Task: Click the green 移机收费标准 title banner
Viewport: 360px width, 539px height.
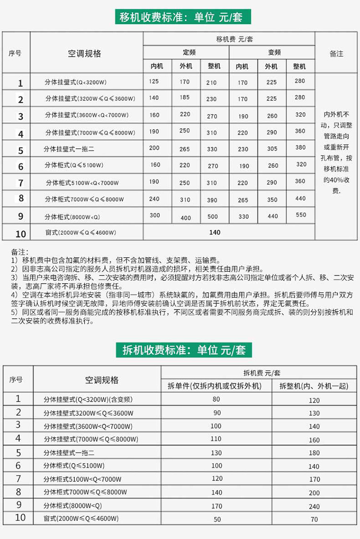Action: click(183, 17)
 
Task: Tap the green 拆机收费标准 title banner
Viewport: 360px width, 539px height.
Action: click(183, 349)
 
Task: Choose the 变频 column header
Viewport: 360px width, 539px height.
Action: click(272, 52)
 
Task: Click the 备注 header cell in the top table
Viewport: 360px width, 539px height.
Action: click(336, 53)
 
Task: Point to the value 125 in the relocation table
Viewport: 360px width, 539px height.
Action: click(154, 82)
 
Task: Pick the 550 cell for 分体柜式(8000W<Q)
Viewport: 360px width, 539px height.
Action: click(301, 215)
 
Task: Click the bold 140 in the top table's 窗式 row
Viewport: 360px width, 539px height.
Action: click(215, 232)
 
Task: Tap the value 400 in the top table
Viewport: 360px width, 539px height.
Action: click(186, 218)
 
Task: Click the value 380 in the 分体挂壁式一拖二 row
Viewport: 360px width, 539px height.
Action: click(301, 148)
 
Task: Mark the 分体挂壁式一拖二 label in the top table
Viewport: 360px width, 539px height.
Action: click(69, 149)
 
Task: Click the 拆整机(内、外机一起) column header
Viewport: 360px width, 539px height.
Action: click(314, 386)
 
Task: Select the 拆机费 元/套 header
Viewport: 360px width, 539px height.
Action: click(262, 373)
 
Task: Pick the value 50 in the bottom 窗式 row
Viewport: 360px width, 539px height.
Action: click(217, 519)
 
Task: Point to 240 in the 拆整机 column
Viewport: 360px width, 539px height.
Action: click(314, 506)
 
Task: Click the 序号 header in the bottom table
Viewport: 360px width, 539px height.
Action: click(16, 379)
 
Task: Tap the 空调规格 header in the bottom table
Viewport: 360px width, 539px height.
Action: click(102, 380)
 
